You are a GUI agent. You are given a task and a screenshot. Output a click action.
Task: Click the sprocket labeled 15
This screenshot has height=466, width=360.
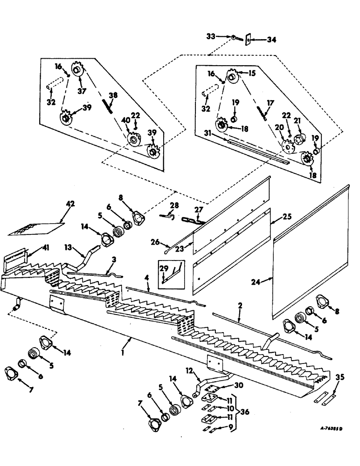[232, 75]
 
